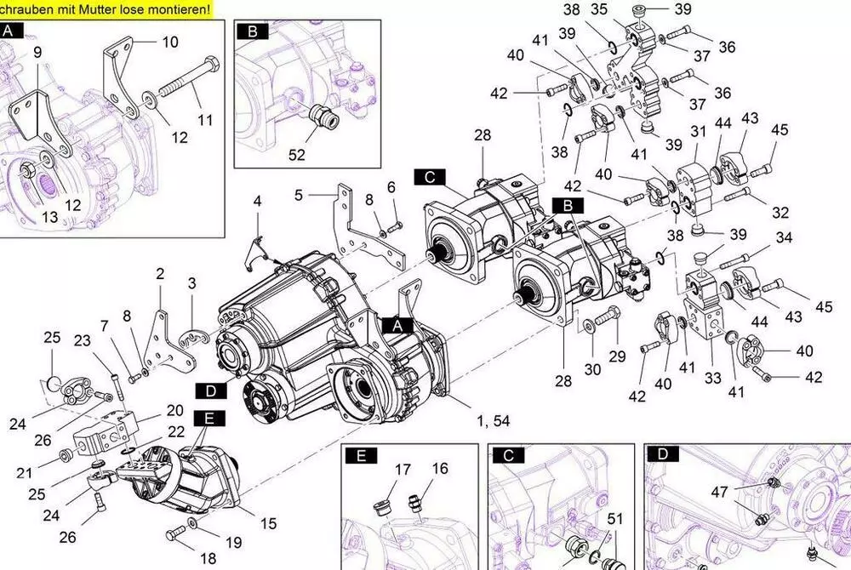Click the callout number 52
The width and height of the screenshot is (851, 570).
tap(296, 155)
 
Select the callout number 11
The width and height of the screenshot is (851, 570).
tap(205, 120)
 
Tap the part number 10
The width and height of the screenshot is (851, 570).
tap(170, 42)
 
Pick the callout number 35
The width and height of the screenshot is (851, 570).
tap(599, 9)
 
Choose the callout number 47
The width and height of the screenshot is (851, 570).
tap(720, 491)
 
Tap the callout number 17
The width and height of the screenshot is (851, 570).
tap(403, 469)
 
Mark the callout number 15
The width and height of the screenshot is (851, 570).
tap(269, 523)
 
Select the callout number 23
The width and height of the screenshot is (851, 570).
tap(82, 341)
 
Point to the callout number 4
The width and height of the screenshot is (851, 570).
tap(257, 202)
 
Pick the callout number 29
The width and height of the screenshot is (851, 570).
tap(617, 355)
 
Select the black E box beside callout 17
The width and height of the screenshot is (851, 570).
tap(361, 456)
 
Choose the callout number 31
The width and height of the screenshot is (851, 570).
tap(699, 131)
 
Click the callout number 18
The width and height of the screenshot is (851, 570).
tap(208, 559)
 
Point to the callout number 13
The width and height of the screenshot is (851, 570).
tap(50, 217)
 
